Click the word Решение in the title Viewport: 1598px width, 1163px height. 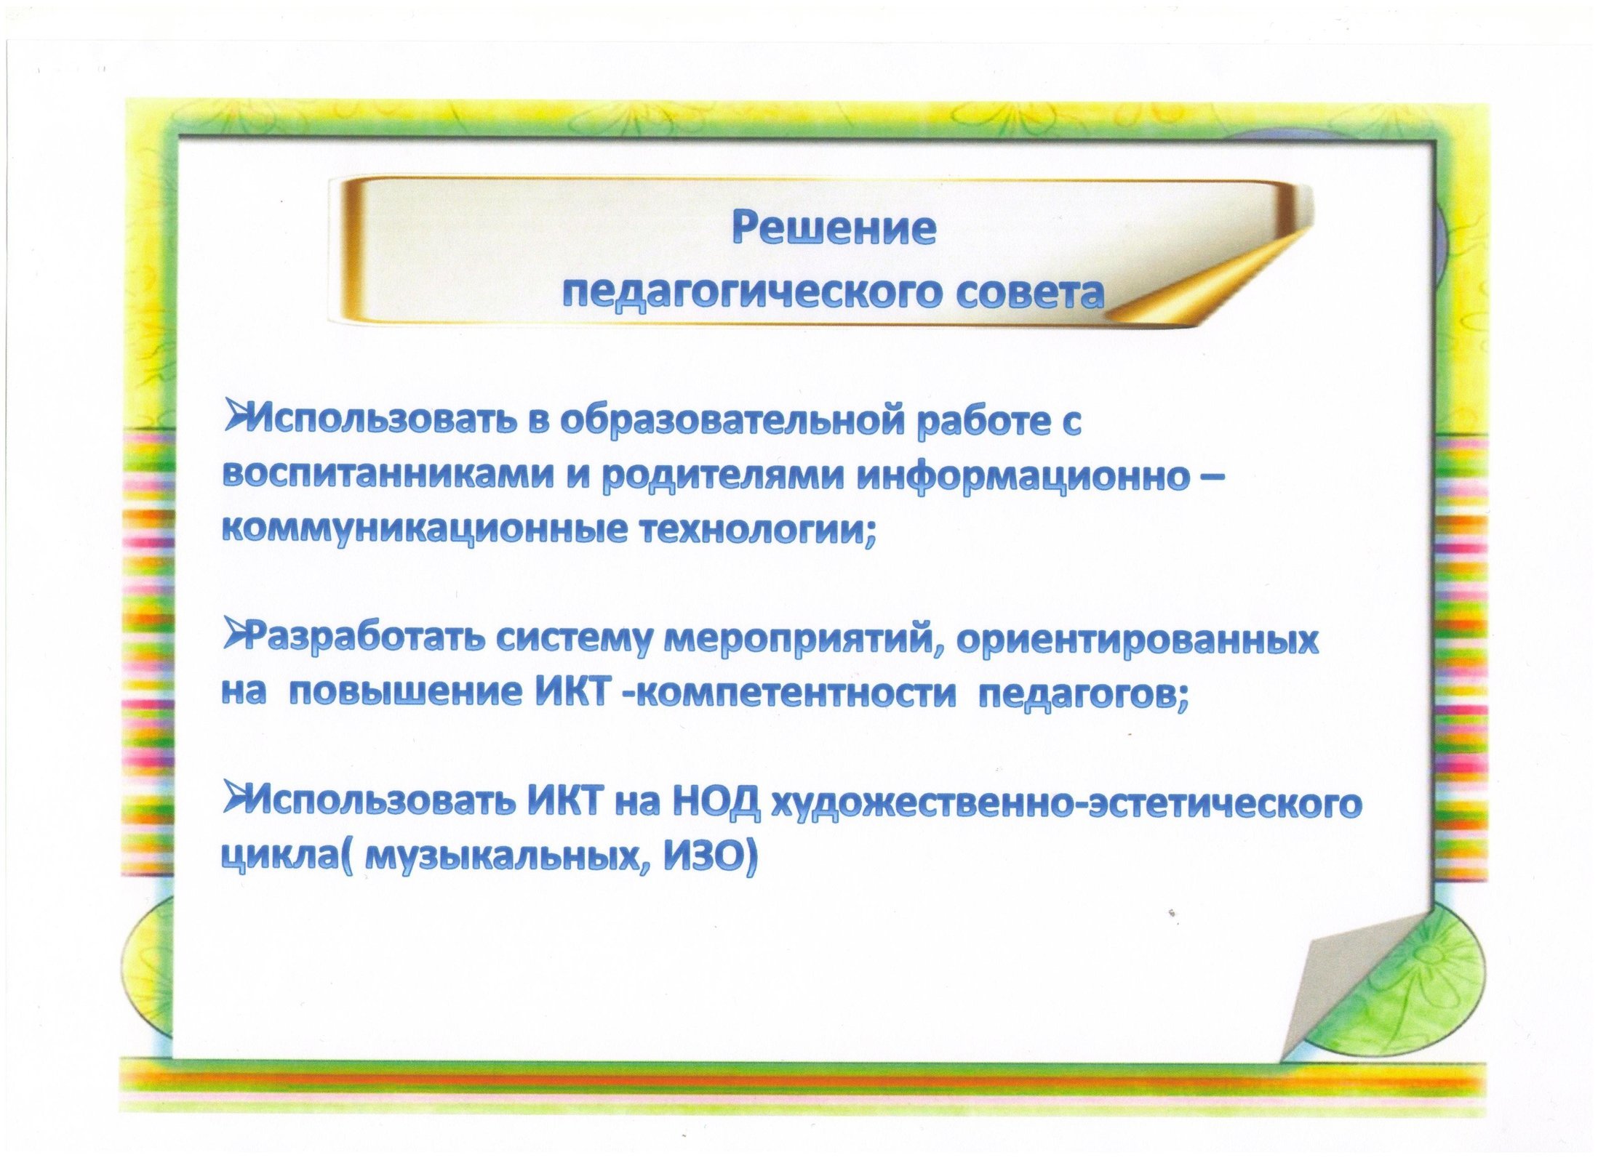point(834,229)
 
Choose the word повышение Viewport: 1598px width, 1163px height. point(408,694)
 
